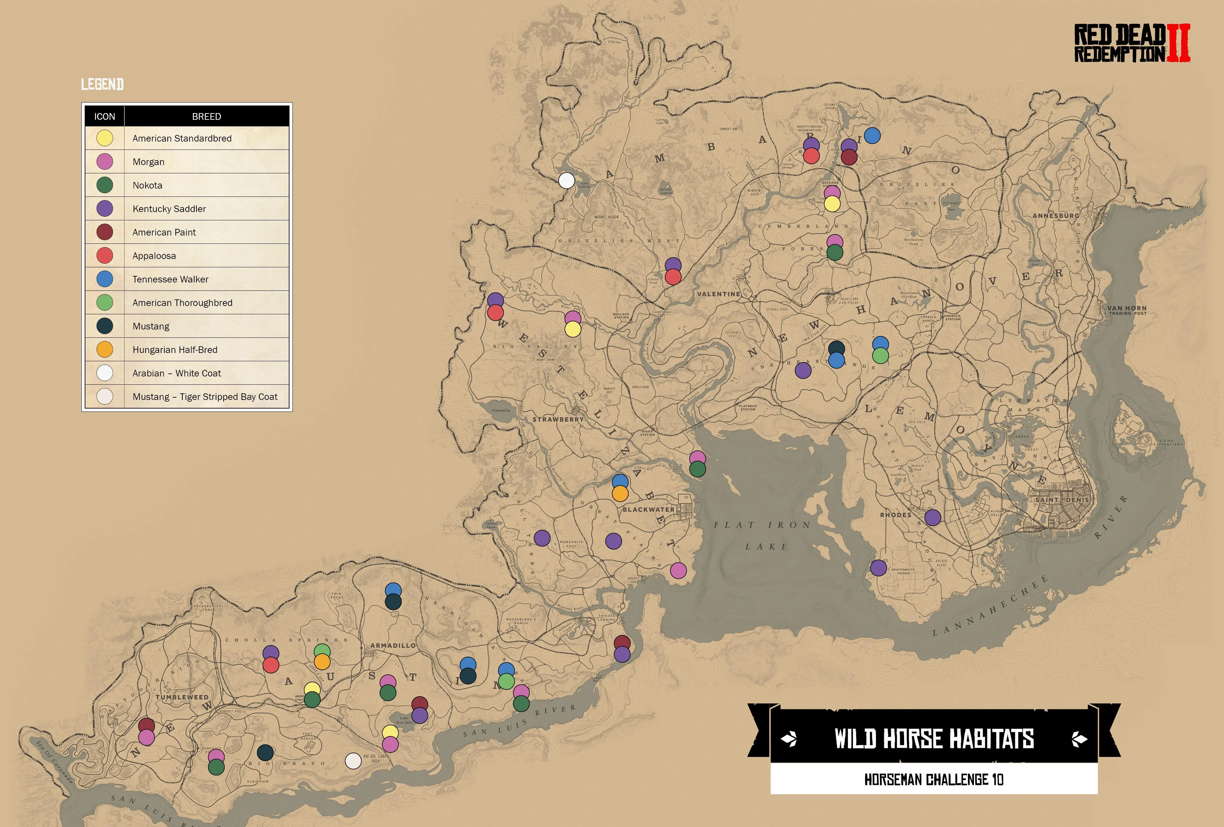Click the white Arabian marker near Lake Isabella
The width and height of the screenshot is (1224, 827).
tap(566, 181)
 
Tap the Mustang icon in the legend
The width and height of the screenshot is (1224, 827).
tap(105, 326)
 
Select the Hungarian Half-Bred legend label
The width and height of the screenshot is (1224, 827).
tap(175, 350)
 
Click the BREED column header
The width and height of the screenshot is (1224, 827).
tap(206, 116)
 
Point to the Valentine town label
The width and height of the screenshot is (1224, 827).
tap(719, 294)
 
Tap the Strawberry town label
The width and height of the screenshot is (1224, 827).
tap(558, 419)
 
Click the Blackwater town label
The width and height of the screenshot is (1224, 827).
tap(648, 509)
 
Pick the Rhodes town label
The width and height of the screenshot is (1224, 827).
tap(896, 515)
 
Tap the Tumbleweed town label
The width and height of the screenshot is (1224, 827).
tap(182, 697)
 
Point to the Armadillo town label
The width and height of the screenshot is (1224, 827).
tap(393, 645)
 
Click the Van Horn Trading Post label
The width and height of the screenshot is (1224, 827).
tap(1126, 310)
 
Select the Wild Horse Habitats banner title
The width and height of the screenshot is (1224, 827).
tap(934, 738)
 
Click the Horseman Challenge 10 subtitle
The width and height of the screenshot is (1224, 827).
tap(934, 780)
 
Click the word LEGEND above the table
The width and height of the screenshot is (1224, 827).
tap(102, 84)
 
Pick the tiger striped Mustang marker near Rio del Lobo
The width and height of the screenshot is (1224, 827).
tap(353, 761)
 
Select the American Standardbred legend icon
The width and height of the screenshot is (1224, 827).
tap(105, 138)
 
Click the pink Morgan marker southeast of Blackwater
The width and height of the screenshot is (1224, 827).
tap(678, 571)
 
